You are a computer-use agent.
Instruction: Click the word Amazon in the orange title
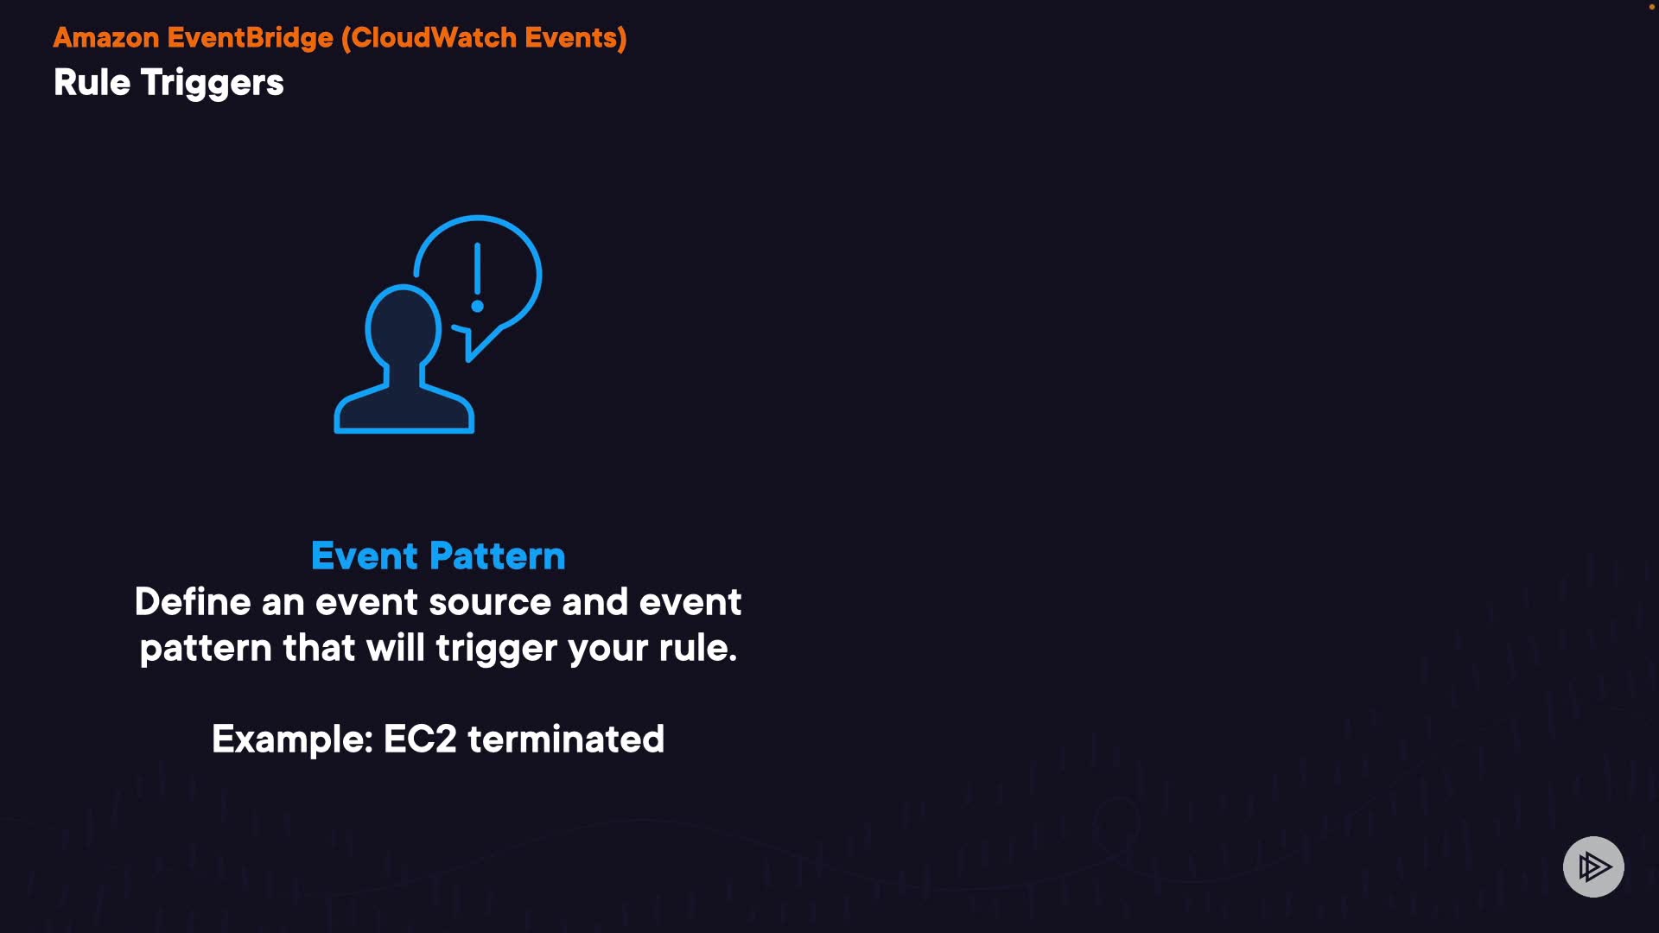point(106,38)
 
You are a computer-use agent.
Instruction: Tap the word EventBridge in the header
point(251,38)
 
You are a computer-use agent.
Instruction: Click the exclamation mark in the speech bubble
point(477,277)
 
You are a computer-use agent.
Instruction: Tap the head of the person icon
point(403,328)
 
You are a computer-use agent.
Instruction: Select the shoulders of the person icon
point(404,406)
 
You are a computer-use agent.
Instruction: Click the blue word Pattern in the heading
point(498,555)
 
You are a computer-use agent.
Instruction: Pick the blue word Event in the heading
point(365,555)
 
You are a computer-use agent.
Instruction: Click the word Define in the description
point(193,602)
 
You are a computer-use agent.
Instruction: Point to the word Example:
point(292,740)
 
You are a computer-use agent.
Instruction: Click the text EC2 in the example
point(420,739)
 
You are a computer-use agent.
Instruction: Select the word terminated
point(566,739)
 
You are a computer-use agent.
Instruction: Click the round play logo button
point(1593,866)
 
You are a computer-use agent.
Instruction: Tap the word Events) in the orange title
point(575,38)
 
